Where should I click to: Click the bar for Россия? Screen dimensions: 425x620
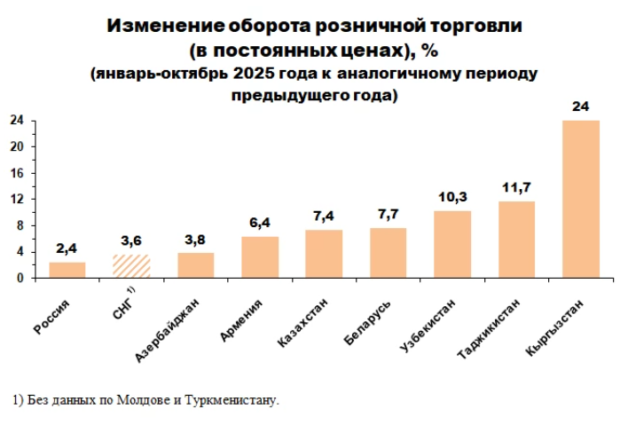pos(67,270)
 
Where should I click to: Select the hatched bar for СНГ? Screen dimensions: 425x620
pos(131,266)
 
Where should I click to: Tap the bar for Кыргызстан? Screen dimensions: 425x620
pos(581,199)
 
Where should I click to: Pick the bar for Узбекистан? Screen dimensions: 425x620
pos(452,244)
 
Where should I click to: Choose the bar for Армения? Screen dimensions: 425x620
pos(260,256)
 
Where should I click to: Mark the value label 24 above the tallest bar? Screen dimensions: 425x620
pos(581,106)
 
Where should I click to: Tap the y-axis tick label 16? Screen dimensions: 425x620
pos(17,173)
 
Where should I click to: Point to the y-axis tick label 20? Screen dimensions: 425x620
pos(17,146)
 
